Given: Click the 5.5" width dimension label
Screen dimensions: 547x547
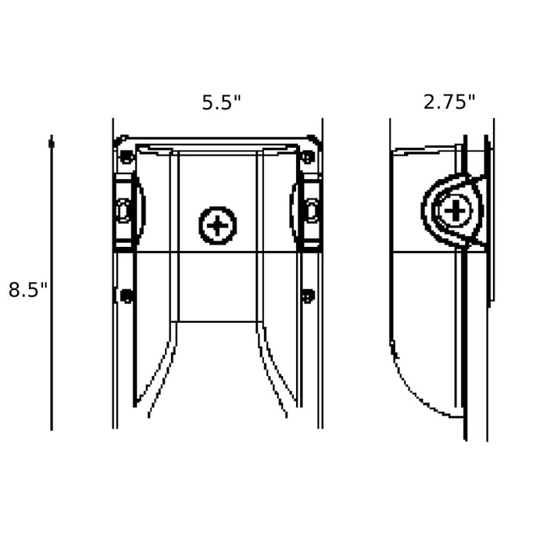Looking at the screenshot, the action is pyautogui.click(x=221, y=102).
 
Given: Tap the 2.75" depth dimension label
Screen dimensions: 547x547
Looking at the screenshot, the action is pyautogui.click(x=449, y=102).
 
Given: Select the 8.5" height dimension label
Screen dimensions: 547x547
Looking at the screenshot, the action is pyautogui.click(x=27, y=290).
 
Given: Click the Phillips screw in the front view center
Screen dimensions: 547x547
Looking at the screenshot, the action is pyautogui.click(x=218, y=225).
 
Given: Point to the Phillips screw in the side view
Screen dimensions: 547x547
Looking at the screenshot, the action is pyautogui.click(x=456, y=211).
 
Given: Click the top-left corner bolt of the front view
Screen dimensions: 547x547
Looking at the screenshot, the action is pyautogui.click(x=126, y=156).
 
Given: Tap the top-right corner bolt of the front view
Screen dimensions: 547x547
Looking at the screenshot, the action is pyautogui.click(x=308, y=156).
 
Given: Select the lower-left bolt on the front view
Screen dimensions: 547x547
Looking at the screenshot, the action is pyautogui.click(x=127, y=296).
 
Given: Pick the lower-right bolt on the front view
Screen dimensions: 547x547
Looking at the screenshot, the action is pyautogui.click(x=308, y=296).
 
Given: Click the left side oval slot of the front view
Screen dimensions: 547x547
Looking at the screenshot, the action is pyautogui.click(x=123, y=211).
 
